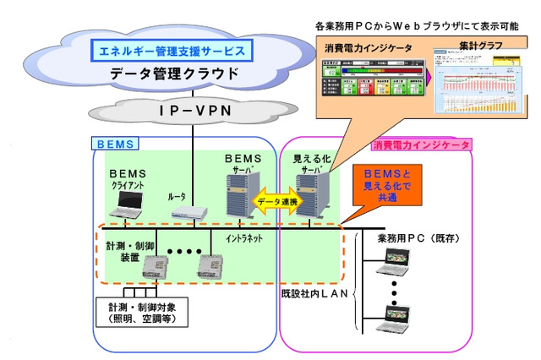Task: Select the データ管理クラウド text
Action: [x=173, y=76]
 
